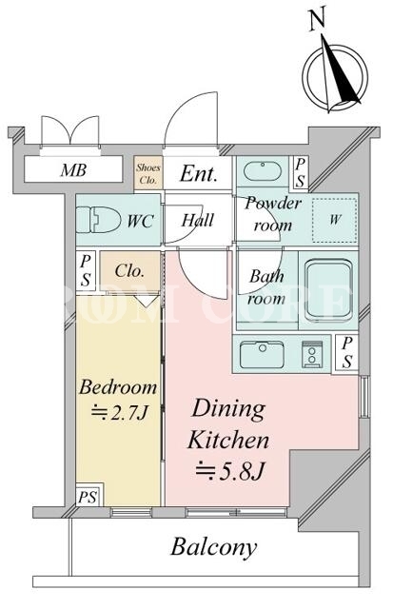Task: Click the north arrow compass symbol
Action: (x=335, y=74)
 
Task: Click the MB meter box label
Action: (x=73, y=169)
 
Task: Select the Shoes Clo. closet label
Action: (x=147, y=173)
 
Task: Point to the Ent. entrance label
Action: (x=199, y=173)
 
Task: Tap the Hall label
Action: (x=198, y=220)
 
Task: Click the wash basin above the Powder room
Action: (x=263, y=170)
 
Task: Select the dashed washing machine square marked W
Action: (x=335, y=220)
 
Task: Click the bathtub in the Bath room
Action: (x=329, y=287)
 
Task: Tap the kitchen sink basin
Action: (x=262, y=354)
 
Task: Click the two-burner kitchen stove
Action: (x=312, y=354)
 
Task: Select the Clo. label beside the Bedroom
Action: (x=129, y=270)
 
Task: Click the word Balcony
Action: (x=214, y=547)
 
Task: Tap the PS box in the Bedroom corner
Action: (x=88, y=497)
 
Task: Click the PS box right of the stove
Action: (x=346, y=353)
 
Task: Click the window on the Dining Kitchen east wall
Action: (x=364, y=397)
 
